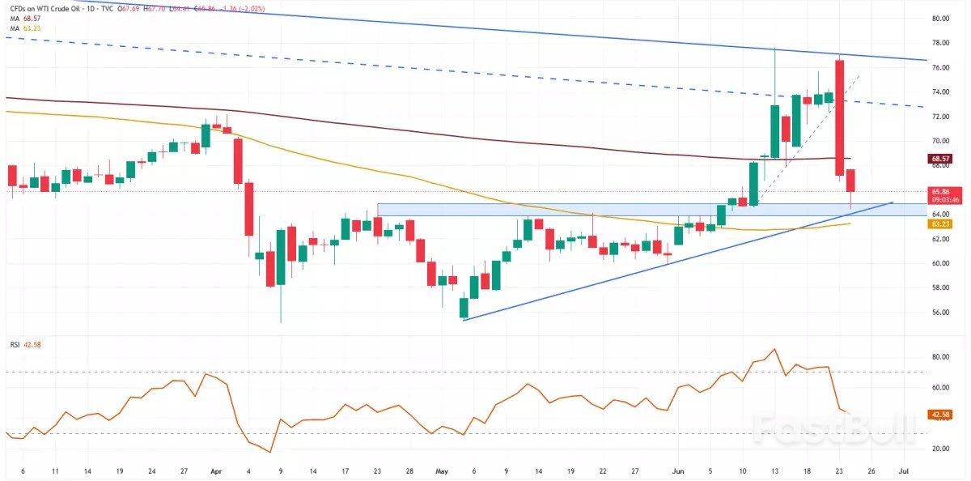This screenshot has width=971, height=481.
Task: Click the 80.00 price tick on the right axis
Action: pos(939,19)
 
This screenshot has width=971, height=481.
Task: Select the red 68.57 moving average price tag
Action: pos(939,159)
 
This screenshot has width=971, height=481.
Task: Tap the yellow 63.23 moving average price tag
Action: pos(939,224)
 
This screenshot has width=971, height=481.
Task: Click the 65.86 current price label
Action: pos(939,191)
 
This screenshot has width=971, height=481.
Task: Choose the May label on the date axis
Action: pos(441,470)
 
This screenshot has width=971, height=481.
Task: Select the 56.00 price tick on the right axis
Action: pos(939,313)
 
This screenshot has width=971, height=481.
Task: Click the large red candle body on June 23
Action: pos(840,117)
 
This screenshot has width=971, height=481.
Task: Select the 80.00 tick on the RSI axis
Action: pos(939,357)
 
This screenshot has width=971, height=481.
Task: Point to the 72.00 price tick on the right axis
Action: pos(939,117)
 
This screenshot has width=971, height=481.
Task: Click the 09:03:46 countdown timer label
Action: pos(939,199)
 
